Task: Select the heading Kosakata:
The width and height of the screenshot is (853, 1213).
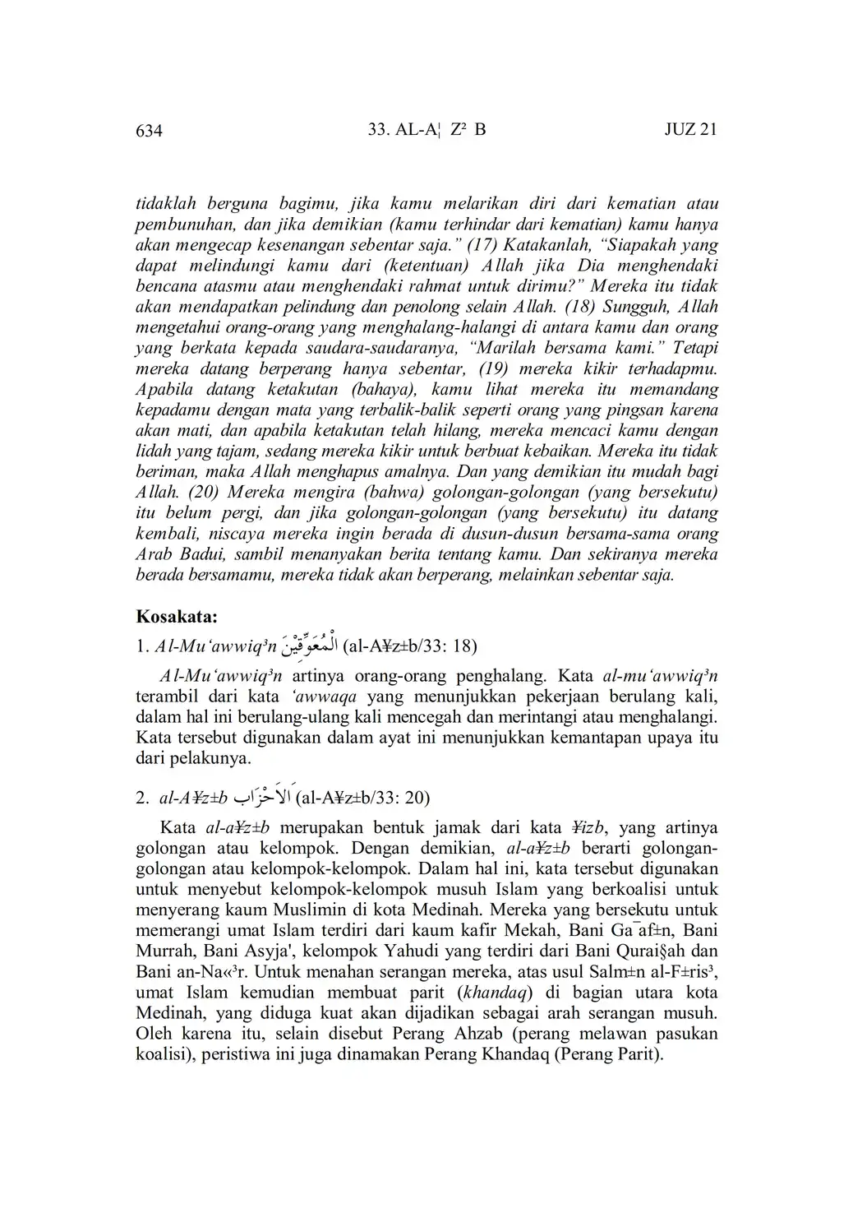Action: click(x=176, y=616)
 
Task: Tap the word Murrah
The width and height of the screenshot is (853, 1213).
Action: click(x=165, y=951)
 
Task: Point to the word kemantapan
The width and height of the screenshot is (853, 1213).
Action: click(x=596, y=737)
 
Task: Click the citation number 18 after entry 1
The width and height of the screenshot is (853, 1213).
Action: click(x=463, y=646)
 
